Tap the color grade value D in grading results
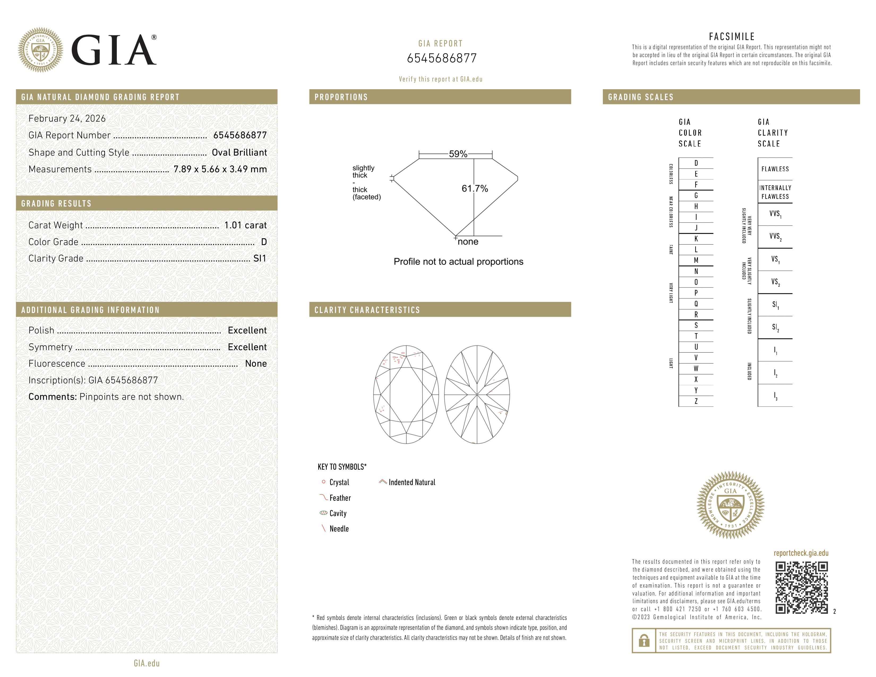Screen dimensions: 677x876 [x=264, y=242]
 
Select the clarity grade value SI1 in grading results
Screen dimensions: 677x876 [x=260, y=259]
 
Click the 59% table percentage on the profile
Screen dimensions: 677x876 [x=458, y=154]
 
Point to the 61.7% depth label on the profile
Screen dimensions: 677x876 [x=475, y=188]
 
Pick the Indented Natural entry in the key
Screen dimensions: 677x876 [x=411, y=482]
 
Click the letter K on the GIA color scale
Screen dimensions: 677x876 [x=696, y=239]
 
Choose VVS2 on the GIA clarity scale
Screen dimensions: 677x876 [x=775, y=237]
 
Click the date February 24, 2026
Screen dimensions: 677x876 [x=67, y=119]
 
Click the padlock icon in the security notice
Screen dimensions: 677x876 [x=644, y=641]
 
